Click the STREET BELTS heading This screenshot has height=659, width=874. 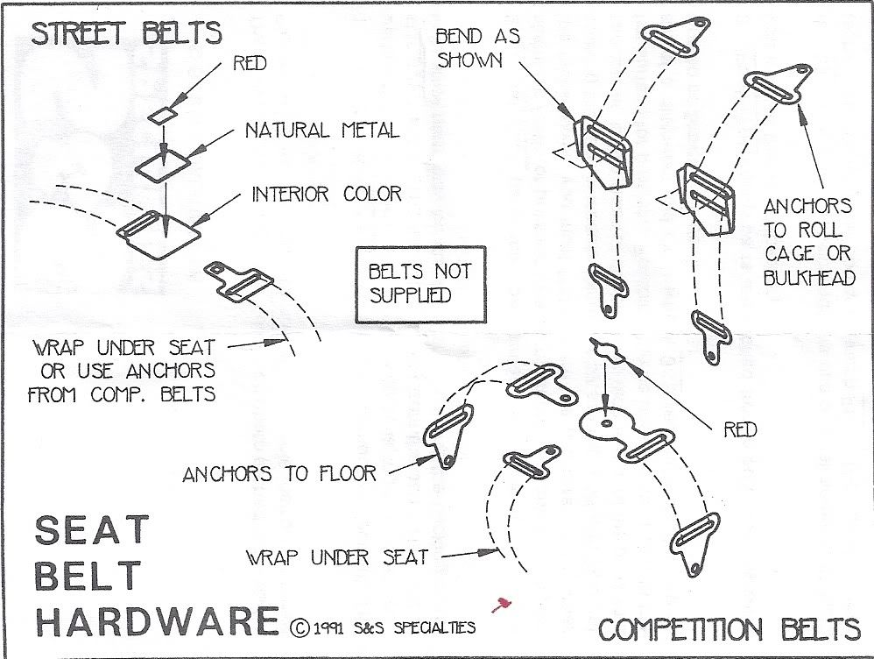[x=126, y=34]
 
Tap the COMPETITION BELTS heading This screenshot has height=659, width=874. [x=729, y=629]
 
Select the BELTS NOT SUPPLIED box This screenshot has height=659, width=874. [x=419, y=283]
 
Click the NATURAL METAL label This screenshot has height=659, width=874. [x=321, y=131]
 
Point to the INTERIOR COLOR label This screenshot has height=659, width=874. [x=327, y=194]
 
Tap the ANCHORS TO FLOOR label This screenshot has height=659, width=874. [x=279, y=474]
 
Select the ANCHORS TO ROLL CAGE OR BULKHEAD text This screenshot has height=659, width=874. [x=807, y=241]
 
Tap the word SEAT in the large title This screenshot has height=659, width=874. [x=92, y=531]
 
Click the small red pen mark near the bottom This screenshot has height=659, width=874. [x=502, y=604]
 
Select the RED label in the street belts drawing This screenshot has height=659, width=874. [x=250, y=63]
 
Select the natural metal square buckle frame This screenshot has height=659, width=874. [x=166, y=164]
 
